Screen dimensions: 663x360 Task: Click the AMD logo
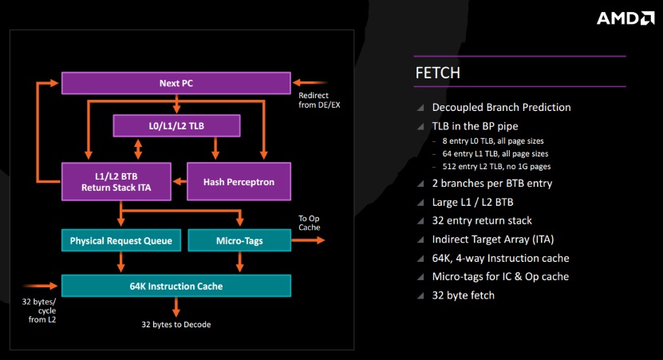coord(626,18)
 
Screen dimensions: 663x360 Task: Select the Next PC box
coord(176,83)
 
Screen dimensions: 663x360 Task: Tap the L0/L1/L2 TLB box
coord(176,125)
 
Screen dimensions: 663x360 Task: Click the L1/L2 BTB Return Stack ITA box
coord(116,181)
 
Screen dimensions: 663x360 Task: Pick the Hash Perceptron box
coord(239,181)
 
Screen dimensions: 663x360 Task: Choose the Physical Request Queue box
coord(121,240)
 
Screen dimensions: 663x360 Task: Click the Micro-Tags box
coord(239,240)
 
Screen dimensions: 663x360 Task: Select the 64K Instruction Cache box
coord(176,286)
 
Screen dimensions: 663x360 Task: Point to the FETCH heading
coord(438,73)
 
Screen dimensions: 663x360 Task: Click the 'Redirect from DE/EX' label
coord(319,101)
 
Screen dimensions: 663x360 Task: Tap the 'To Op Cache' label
coord(309,223)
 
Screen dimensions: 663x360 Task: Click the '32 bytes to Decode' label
coord(176,324)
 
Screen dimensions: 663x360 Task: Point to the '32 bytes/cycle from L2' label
coord(39,311)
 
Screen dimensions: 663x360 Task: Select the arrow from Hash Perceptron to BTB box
coord(180,181)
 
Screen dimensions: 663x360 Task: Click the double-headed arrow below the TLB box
coord(138,149)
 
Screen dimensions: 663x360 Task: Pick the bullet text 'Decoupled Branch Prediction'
coord(501,108)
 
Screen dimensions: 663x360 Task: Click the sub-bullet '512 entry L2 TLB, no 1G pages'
coord(496,166)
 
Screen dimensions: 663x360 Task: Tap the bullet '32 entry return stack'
coord(482,220)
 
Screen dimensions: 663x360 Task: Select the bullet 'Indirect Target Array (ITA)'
coord(492,239)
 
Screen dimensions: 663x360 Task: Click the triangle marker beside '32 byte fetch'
coord(420,295)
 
